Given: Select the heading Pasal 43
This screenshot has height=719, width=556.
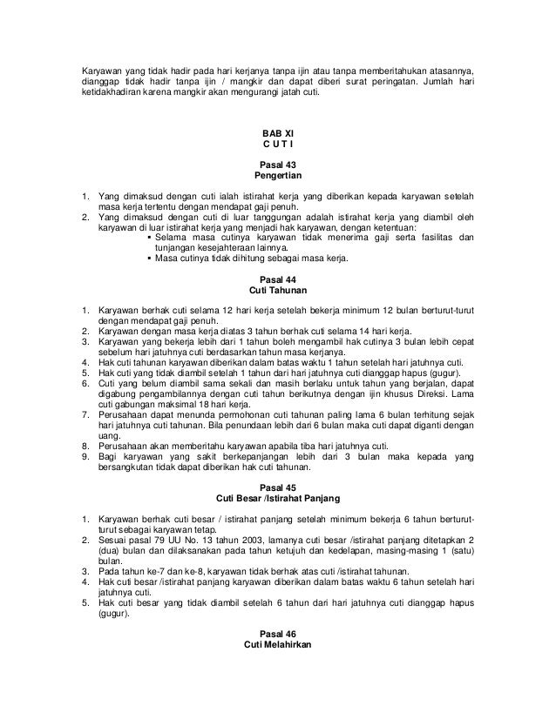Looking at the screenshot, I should coord(277,165).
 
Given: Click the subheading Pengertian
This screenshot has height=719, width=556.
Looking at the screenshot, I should coord(277,176).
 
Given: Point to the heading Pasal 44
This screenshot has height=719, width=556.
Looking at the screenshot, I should coord(277,279).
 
